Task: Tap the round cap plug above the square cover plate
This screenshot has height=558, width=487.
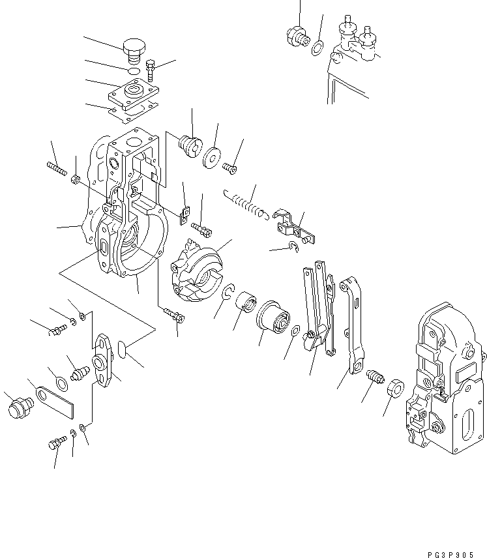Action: (134, 48)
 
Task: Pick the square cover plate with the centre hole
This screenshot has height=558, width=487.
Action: (135, 92)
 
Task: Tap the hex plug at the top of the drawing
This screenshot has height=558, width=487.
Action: (296, 35)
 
